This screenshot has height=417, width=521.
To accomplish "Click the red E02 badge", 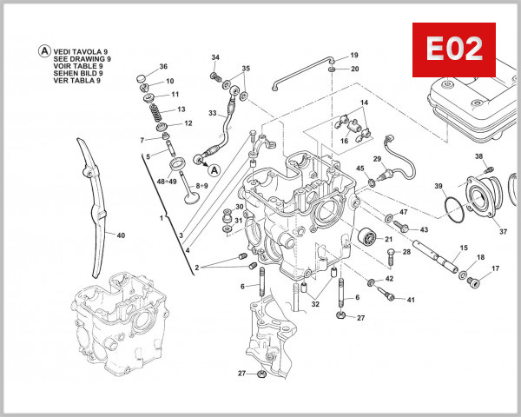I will coord(452,50).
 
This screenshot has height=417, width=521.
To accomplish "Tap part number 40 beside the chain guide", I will coord(120,235).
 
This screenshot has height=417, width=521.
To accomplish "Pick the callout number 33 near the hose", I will coord(213,113).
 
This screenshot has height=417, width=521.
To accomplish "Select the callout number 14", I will coord(364,103).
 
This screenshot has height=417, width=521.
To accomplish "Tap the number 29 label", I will coord(378,159).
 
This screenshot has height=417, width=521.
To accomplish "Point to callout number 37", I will coord(501,232).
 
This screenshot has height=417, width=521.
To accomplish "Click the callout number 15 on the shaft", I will coord(464,248).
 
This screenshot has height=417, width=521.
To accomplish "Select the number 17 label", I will coord(496,269).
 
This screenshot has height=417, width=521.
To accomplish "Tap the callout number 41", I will coord(411,300).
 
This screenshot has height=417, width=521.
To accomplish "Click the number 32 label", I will coord(315,304).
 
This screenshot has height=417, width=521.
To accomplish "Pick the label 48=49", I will coord(167,182).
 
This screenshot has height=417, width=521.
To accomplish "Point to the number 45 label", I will coord(359,169).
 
